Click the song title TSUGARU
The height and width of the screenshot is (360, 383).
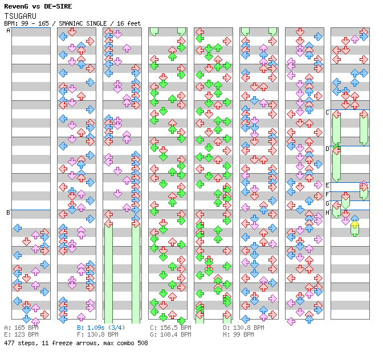tap(21, 16)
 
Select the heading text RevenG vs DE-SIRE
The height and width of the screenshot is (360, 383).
tap(38, 6)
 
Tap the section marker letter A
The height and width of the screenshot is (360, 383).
tap(9, 30)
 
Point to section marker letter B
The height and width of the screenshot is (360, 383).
tap(8, 212)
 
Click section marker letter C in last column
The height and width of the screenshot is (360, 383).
tap(327, 113)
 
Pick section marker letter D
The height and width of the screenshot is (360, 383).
tap(327, 149)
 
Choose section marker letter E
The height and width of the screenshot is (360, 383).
tap(327, 185)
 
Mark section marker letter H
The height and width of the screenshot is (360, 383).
tap(327, 212)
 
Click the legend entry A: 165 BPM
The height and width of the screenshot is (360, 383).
tap(22, 328)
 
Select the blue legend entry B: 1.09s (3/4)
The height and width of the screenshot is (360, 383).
tap(101, 328)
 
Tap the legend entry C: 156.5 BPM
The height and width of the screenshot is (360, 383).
tap(170, 328)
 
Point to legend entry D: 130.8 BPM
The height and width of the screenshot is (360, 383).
tap(243, 328)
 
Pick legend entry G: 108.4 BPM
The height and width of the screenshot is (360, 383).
tap(170, 334)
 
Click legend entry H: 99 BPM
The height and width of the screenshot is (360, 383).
tap(238, 334)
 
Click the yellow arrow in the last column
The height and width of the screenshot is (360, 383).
tap(355, 224)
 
